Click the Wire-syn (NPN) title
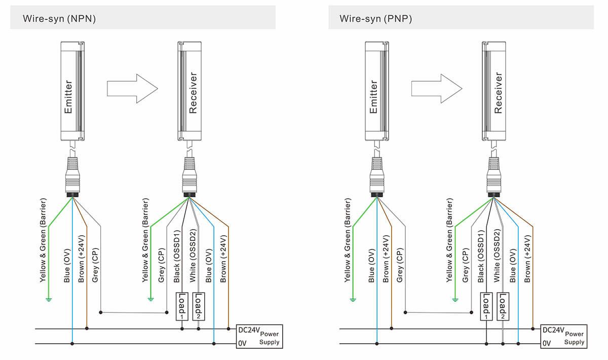59,19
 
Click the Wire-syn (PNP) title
375,19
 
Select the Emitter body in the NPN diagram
71,91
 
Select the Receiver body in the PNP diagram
493,91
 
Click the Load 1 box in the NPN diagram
181,306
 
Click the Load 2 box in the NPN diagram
198,306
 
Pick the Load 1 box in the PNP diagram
485,306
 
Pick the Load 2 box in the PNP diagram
503,306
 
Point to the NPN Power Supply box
258,336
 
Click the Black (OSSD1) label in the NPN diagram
177,256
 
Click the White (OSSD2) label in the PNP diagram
497,256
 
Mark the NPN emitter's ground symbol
49,299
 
